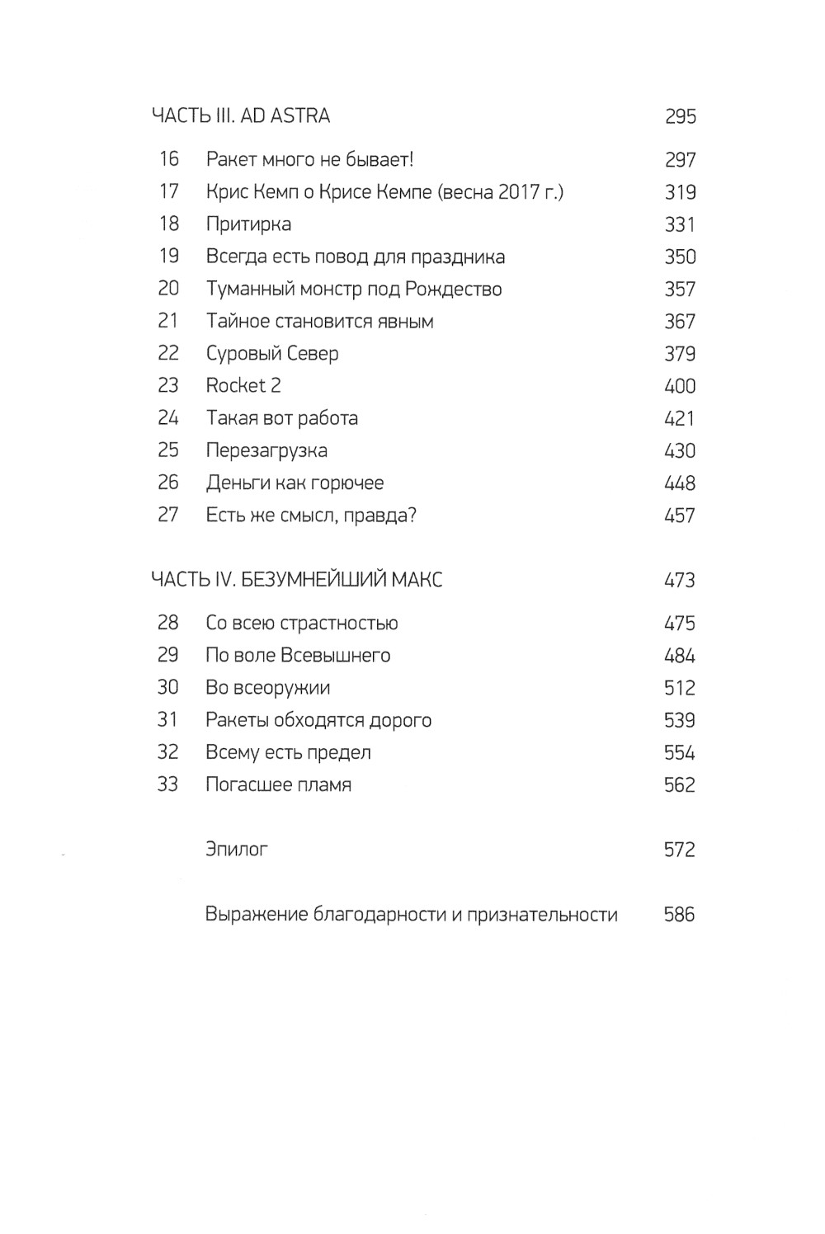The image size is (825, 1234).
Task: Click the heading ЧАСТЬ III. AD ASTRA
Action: [240, 116]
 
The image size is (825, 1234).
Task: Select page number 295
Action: [680, 117]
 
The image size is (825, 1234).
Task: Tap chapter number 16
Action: [168, 159]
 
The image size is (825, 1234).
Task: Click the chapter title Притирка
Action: [248, 224]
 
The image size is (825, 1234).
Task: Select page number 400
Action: [680, 387]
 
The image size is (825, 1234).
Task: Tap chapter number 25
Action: [168, 450]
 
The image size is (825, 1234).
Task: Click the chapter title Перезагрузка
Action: [266, 451]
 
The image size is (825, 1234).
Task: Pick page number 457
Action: [680, 516]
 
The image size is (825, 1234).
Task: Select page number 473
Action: [680, 581]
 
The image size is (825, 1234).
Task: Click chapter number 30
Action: [167, 688]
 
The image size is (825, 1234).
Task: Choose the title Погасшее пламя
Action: [278, 784]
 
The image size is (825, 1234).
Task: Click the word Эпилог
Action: [237, 849]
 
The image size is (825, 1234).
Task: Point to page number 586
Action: [679, 915]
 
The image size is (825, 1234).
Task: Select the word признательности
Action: [542, 915]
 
